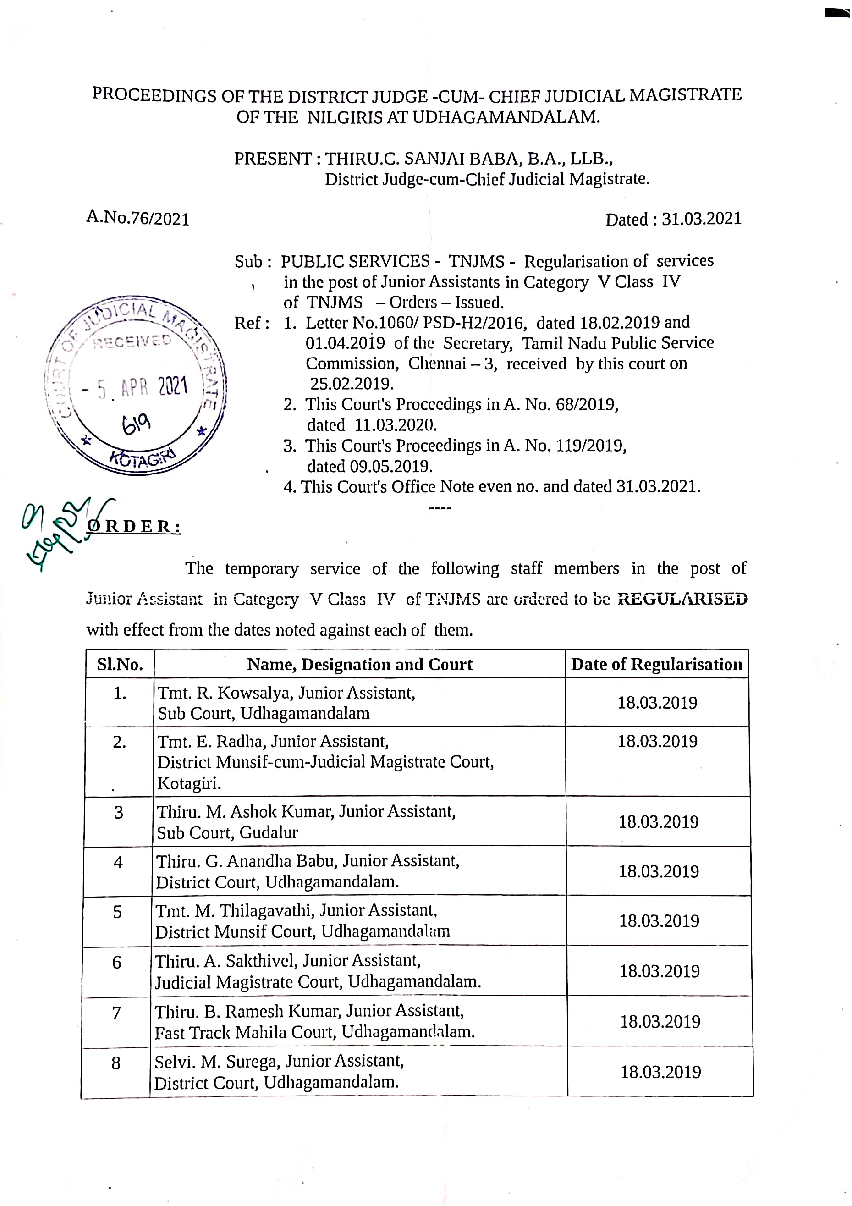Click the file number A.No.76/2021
click(x=137, y=218)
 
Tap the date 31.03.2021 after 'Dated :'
click(x=701, y=219)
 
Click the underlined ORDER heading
click(x=134, y=526)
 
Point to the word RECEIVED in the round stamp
click(x=132, y=341)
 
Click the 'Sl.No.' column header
click(x=120, y=665)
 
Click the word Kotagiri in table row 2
click(x=188, y=783)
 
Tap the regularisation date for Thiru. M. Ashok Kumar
click(x=658, y=821)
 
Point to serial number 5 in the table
click(x=118, y=912)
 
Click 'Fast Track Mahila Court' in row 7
click(x=245, y=1032)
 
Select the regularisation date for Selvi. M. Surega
click(x=661, y=1072)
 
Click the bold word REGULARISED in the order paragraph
click(x=682, y=599)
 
